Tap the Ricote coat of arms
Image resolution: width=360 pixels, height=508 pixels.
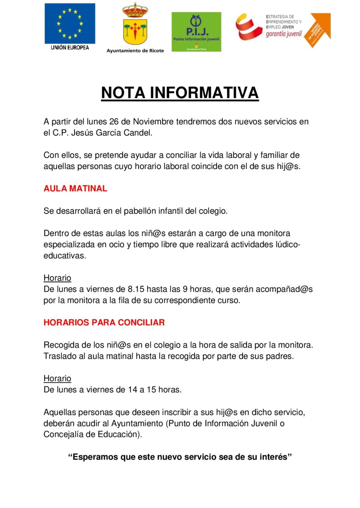tap(135, 25)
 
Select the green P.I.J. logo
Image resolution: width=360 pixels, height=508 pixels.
tap(196, 31)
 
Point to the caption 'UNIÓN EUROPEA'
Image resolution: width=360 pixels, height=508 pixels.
tap(70, 47)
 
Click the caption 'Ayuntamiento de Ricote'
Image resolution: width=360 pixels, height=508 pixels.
tap(135, 50)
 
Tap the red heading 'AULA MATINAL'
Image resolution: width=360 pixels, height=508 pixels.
tap(75, 189)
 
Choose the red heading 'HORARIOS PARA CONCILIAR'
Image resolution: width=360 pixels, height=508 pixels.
tap(104, 322)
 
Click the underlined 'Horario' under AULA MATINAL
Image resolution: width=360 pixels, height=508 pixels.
tap(57, 278)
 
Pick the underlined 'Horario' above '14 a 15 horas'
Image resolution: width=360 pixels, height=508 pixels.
tap(57, 379)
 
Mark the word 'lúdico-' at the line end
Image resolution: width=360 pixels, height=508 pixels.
tap(284, 245)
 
